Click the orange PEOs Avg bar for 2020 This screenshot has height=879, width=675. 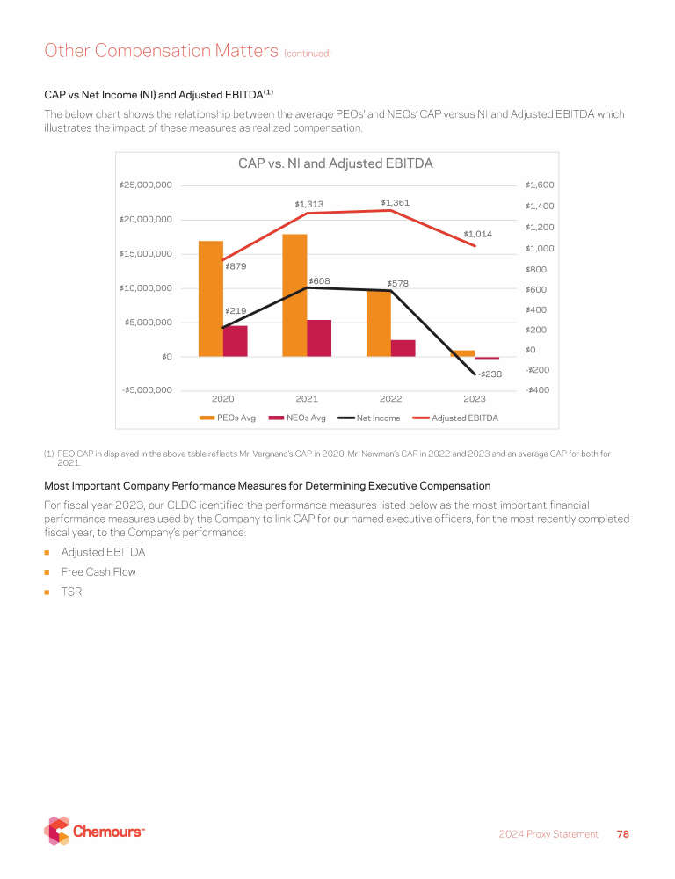coord(211,299)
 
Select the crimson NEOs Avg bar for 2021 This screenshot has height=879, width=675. coord(319,338)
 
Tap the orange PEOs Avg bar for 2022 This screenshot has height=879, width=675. coord(379,323)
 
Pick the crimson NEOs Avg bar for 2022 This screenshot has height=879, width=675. coord(403,348)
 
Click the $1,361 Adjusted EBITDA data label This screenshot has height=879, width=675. coord(396,203)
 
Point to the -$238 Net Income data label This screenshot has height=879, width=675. coord(490,374)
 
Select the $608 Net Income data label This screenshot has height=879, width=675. coord(319,280)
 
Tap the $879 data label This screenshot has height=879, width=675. coord(235,265)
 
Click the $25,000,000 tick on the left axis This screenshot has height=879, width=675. coord(145,185)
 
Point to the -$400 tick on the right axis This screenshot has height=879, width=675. coord(537,390)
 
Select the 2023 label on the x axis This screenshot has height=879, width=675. coord(475,399)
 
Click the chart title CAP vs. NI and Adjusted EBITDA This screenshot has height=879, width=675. coord(336,163)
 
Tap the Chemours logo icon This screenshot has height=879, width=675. coord(57,831)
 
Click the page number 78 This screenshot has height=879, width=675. coord(623,834)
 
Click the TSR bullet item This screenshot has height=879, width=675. coord(71,592)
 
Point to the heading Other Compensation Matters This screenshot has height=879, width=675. coord(161,51)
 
